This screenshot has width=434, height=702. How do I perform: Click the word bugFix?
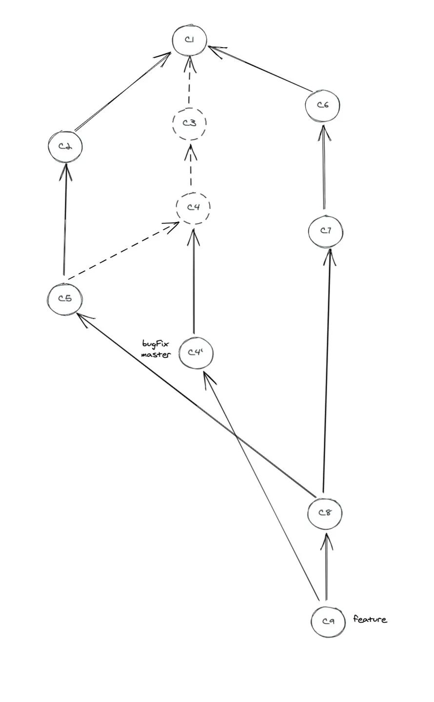pos(156,344)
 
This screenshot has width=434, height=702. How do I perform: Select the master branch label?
pos(156,354)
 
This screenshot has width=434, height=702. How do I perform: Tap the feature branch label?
pos(370,619)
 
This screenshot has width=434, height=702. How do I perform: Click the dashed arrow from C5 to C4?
pos(123,250)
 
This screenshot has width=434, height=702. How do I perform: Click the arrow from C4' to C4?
pos(193,281)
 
